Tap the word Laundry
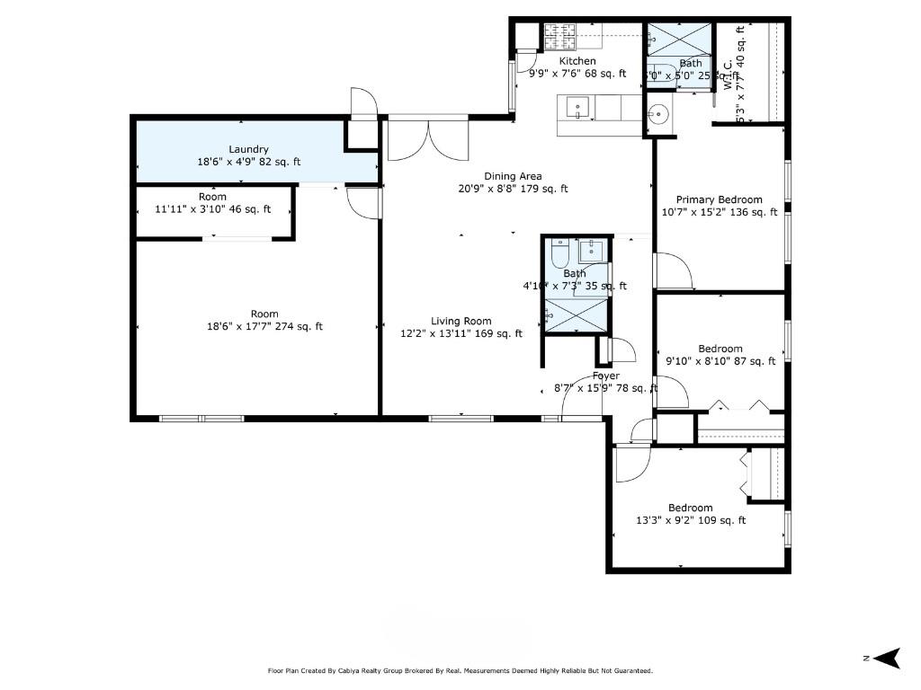(x=248, y=150)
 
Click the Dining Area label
(x=513, y=176)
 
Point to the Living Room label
(x=460, y=321)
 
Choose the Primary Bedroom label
(x=719, y=199)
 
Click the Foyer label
(x=605, y=376)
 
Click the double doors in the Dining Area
(x=428, y=140)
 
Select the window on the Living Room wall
(x=460, y=418)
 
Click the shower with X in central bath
(x=576, y=314)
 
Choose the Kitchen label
(x=577, y=61)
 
